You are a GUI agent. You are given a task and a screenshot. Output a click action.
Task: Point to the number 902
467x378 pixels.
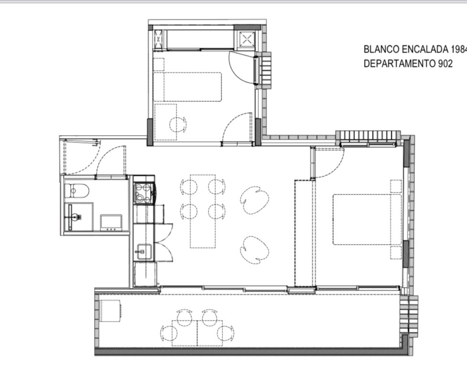(x=445, y=64)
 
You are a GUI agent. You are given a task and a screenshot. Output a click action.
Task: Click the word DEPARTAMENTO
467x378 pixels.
(x=400, y=64)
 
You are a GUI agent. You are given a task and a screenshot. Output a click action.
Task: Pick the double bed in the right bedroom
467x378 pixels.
(x=367, y=219)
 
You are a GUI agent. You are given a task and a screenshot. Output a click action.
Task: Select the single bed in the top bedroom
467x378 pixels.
(x=187, y=87)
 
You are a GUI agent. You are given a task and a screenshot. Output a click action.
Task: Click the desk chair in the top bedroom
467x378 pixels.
(x=178, y=124)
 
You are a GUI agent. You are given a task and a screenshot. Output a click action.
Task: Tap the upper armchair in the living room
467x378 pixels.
(x=255, y=200)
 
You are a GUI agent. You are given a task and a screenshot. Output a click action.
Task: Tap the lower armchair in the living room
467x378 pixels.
(x=255, y=250)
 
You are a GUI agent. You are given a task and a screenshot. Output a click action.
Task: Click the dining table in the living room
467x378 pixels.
(x=203, y=211)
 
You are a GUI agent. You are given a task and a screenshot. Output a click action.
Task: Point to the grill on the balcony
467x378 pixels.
(x=110, y=311)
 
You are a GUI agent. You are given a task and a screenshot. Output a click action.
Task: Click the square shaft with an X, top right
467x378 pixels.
(x=247, y=39)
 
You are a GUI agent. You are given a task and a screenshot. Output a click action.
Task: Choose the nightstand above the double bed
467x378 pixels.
(x=396, y=186)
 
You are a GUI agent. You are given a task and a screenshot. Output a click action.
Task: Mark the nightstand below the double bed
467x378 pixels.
(x=396, y=253)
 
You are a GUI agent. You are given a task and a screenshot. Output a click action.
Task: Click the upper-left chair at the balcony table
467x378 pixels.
(x=184, y=318)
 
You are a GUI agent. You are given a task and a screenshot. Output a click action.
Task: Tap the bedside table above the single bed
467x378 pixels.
(x=158, y=64)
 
